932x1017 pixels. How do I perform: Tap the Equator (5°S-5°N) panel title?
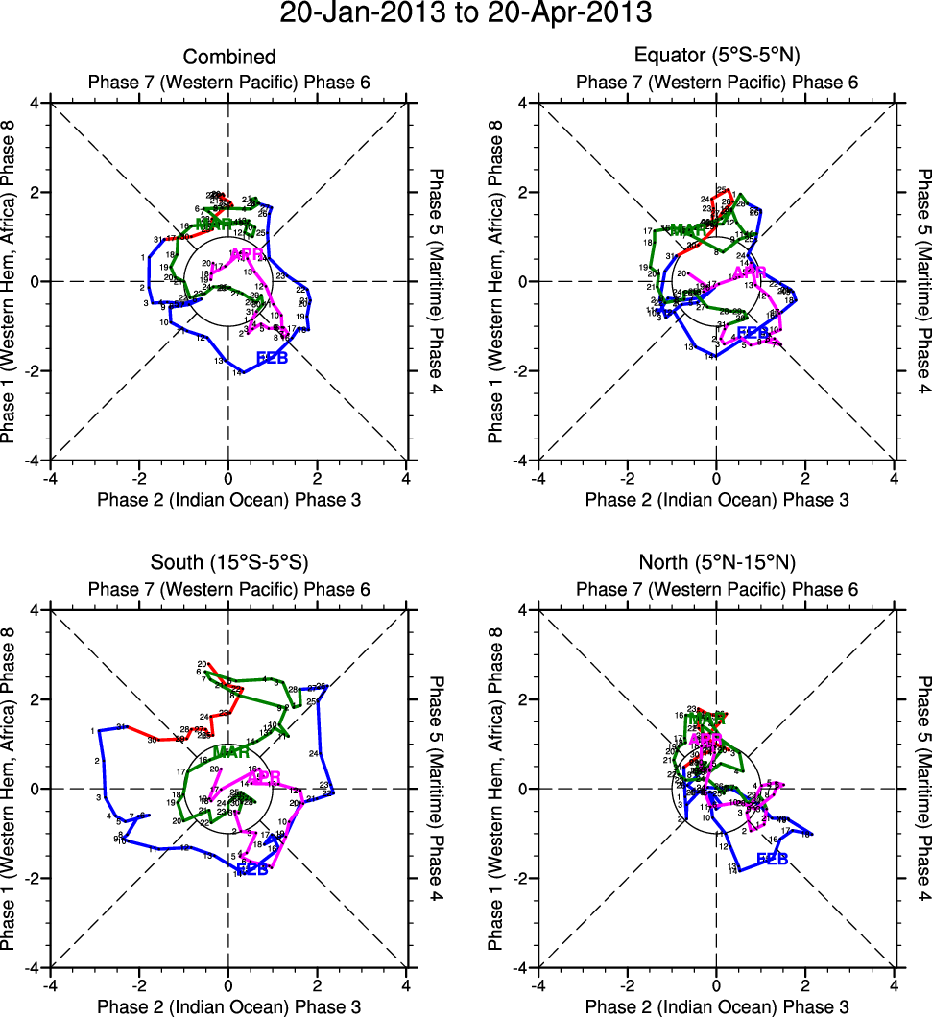click(717, 58)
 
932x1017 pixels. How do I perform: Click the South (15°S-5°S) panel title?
click(228, 564)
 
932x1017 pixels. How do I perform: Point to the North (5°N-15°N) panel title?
click(717, 564)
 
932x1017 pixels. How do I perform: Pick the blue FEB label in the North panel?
click(773, 859)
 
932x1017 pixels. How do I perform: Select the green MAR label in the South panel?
click(231, 751)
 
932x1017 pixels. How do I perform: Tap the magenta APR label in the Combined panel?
click(246, 254)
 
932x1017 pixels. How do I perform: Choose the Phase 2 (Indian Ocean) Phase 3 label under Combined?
click(228, 500)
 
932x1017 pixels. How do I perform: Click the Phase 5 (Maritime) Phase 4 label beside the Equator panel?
click(924, 281)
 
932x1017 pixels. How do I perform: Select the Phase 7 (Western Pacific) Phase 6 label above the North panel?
click(717, 589)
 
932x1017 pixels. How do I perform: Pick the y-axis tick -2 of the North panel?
click(522, 879)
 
